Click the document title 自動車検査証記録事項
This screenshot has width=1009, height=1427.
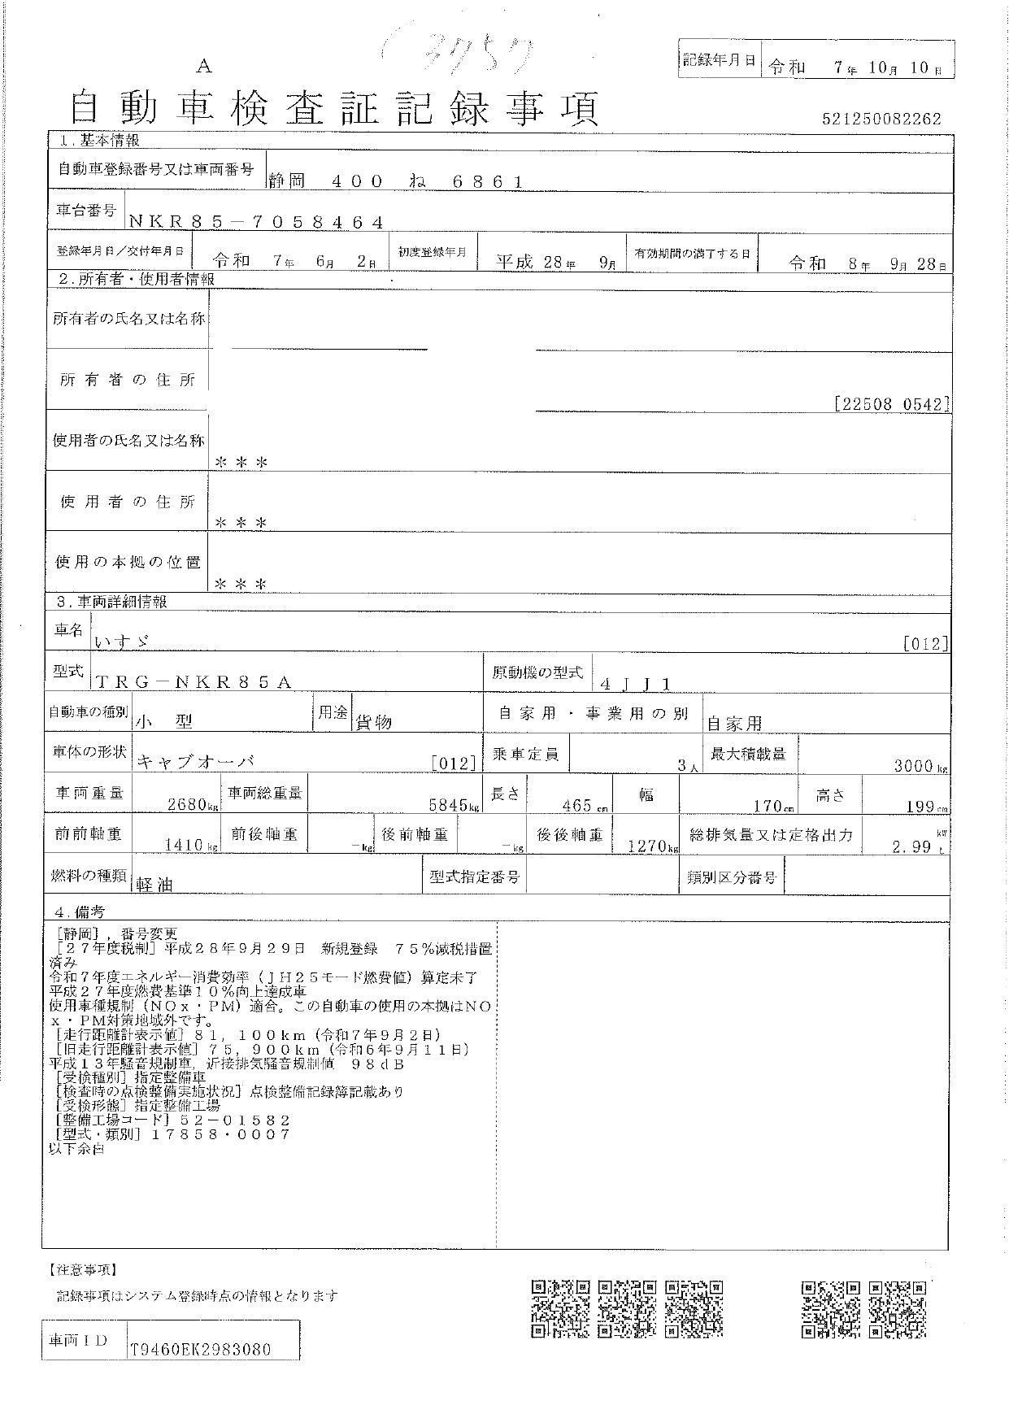click(x=334, y=108)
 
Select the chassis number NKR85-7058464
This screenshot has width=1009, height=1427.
click(x=255, y=222)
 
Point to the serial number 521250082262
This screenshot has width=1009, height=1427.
click(x=881, y=119)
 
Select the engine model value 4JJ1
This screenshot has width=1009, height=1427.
click(x=635, y=684)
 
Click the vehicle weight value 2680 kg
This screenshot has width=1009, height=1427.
click(x=192, y=806)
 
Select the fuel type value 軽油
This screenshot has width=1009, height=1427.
click(x=155, y=885)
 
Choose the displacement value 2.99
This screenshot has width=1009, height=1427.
click(x=911, y=846)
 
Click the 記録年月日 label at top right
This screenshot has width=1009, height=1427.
click(x=720, y=60)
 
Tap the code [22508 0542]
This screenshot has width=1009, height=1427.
click(x=891, y=404)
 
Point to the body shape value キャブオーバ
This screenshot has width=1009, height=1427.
click(x=196, y=762)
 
